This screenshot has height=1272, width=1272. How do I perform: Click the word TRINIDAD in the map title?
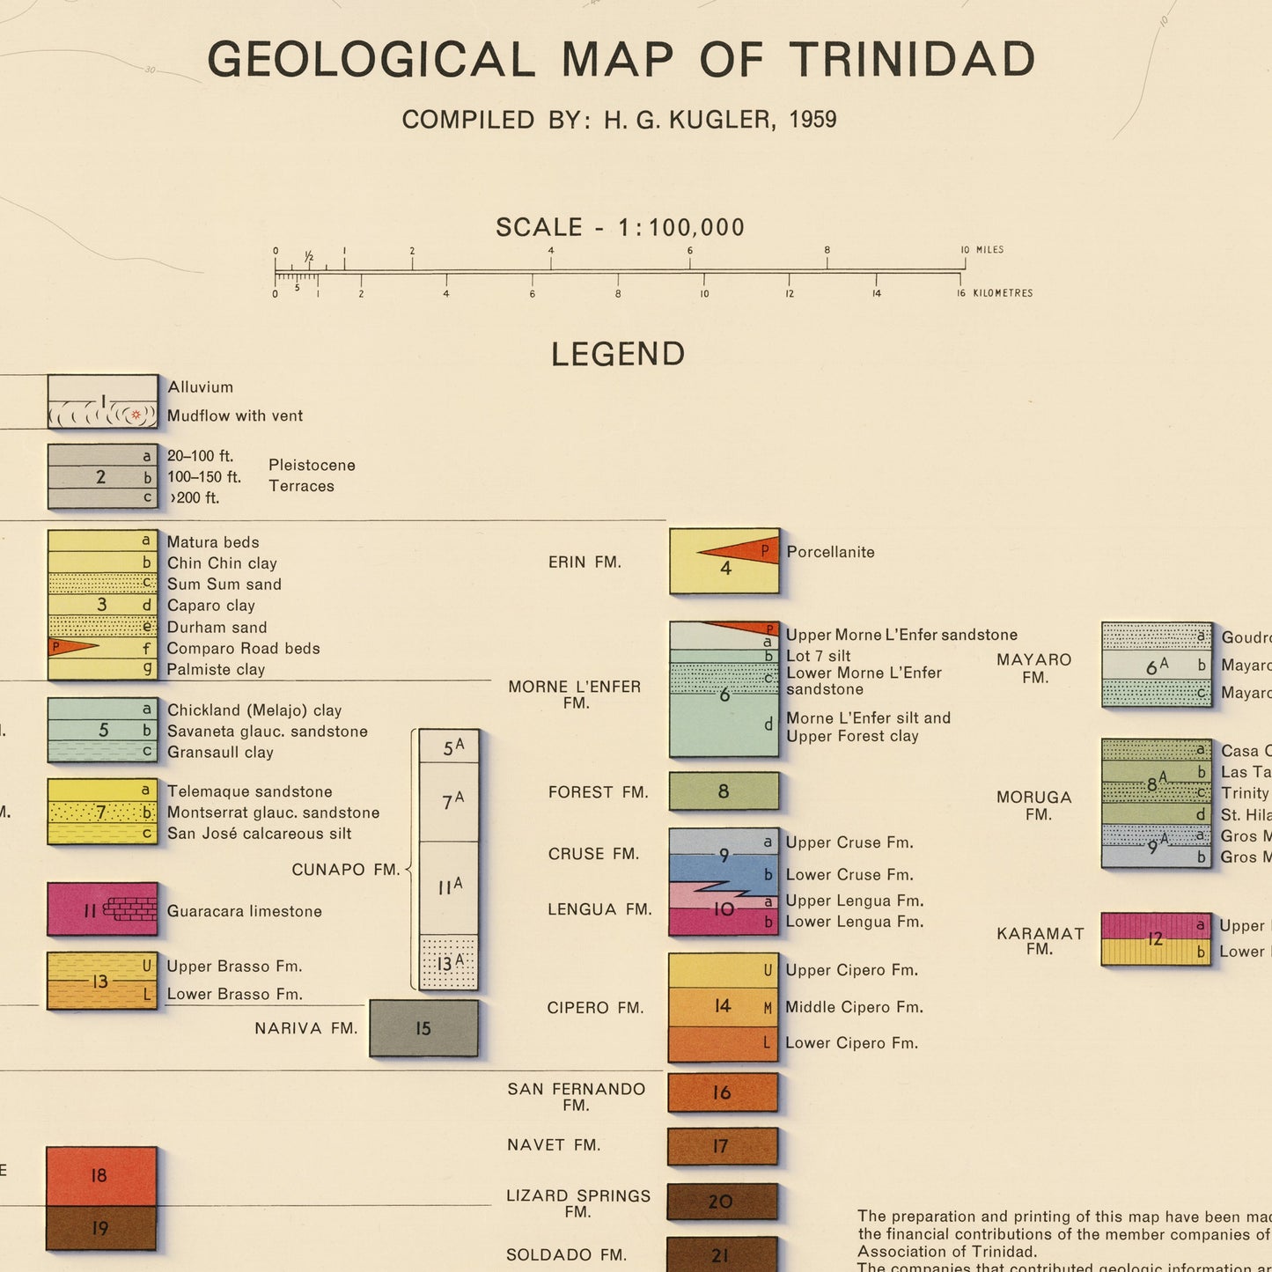tap(911, 60)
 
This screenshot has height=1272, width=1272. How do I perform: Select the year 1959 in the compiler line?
tap(812, 120)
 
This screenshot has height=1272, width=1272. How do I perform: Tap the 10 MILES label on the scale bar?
tap(982, 250)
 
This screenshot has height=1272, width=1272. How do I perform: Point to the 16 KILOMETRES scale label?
tap(996, 293)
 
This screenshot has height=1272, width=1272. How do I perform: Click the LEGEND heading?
tap(618, 354)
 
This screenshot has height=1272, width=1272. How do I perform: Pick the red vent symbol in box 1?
tap(136, 415)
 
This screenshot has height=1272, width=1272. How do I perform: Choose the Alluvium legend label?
tap(201, 387)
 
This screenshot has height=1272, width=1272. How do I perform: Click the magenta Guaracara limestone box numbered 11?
tap(102, 909)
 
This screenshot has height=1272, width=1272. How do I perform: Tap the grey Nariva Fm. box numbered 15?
tap(423, 1028)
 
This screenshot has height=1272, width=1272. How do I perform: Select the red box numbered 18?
tap(101, 1176)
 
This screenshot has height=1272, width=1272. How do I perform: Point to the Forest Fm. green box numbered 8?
tap(724, 791)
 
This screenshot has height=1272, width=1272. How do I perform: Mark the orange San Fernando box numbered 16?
tap(723, 1092)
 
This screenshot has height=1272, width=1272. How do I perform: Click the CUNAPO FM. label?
tap(346, 870)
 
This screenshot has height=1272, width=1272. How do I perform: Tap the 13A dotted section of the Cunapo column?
tap(449, 963)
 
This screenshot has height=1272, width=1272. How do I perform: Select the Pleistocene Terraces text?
tap(312, 475)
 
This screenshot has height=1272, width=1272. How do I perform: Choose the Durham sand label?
tap(217, 627)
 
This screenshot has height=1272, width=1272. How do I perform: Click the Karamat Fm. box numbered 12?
tap(1156, 939)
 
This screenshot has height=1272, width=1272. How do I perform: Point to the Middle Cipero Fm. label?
tap(854, 1007)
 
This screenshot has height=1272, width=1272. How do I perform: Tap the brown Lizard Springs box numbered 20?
tap(722, 1202)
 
